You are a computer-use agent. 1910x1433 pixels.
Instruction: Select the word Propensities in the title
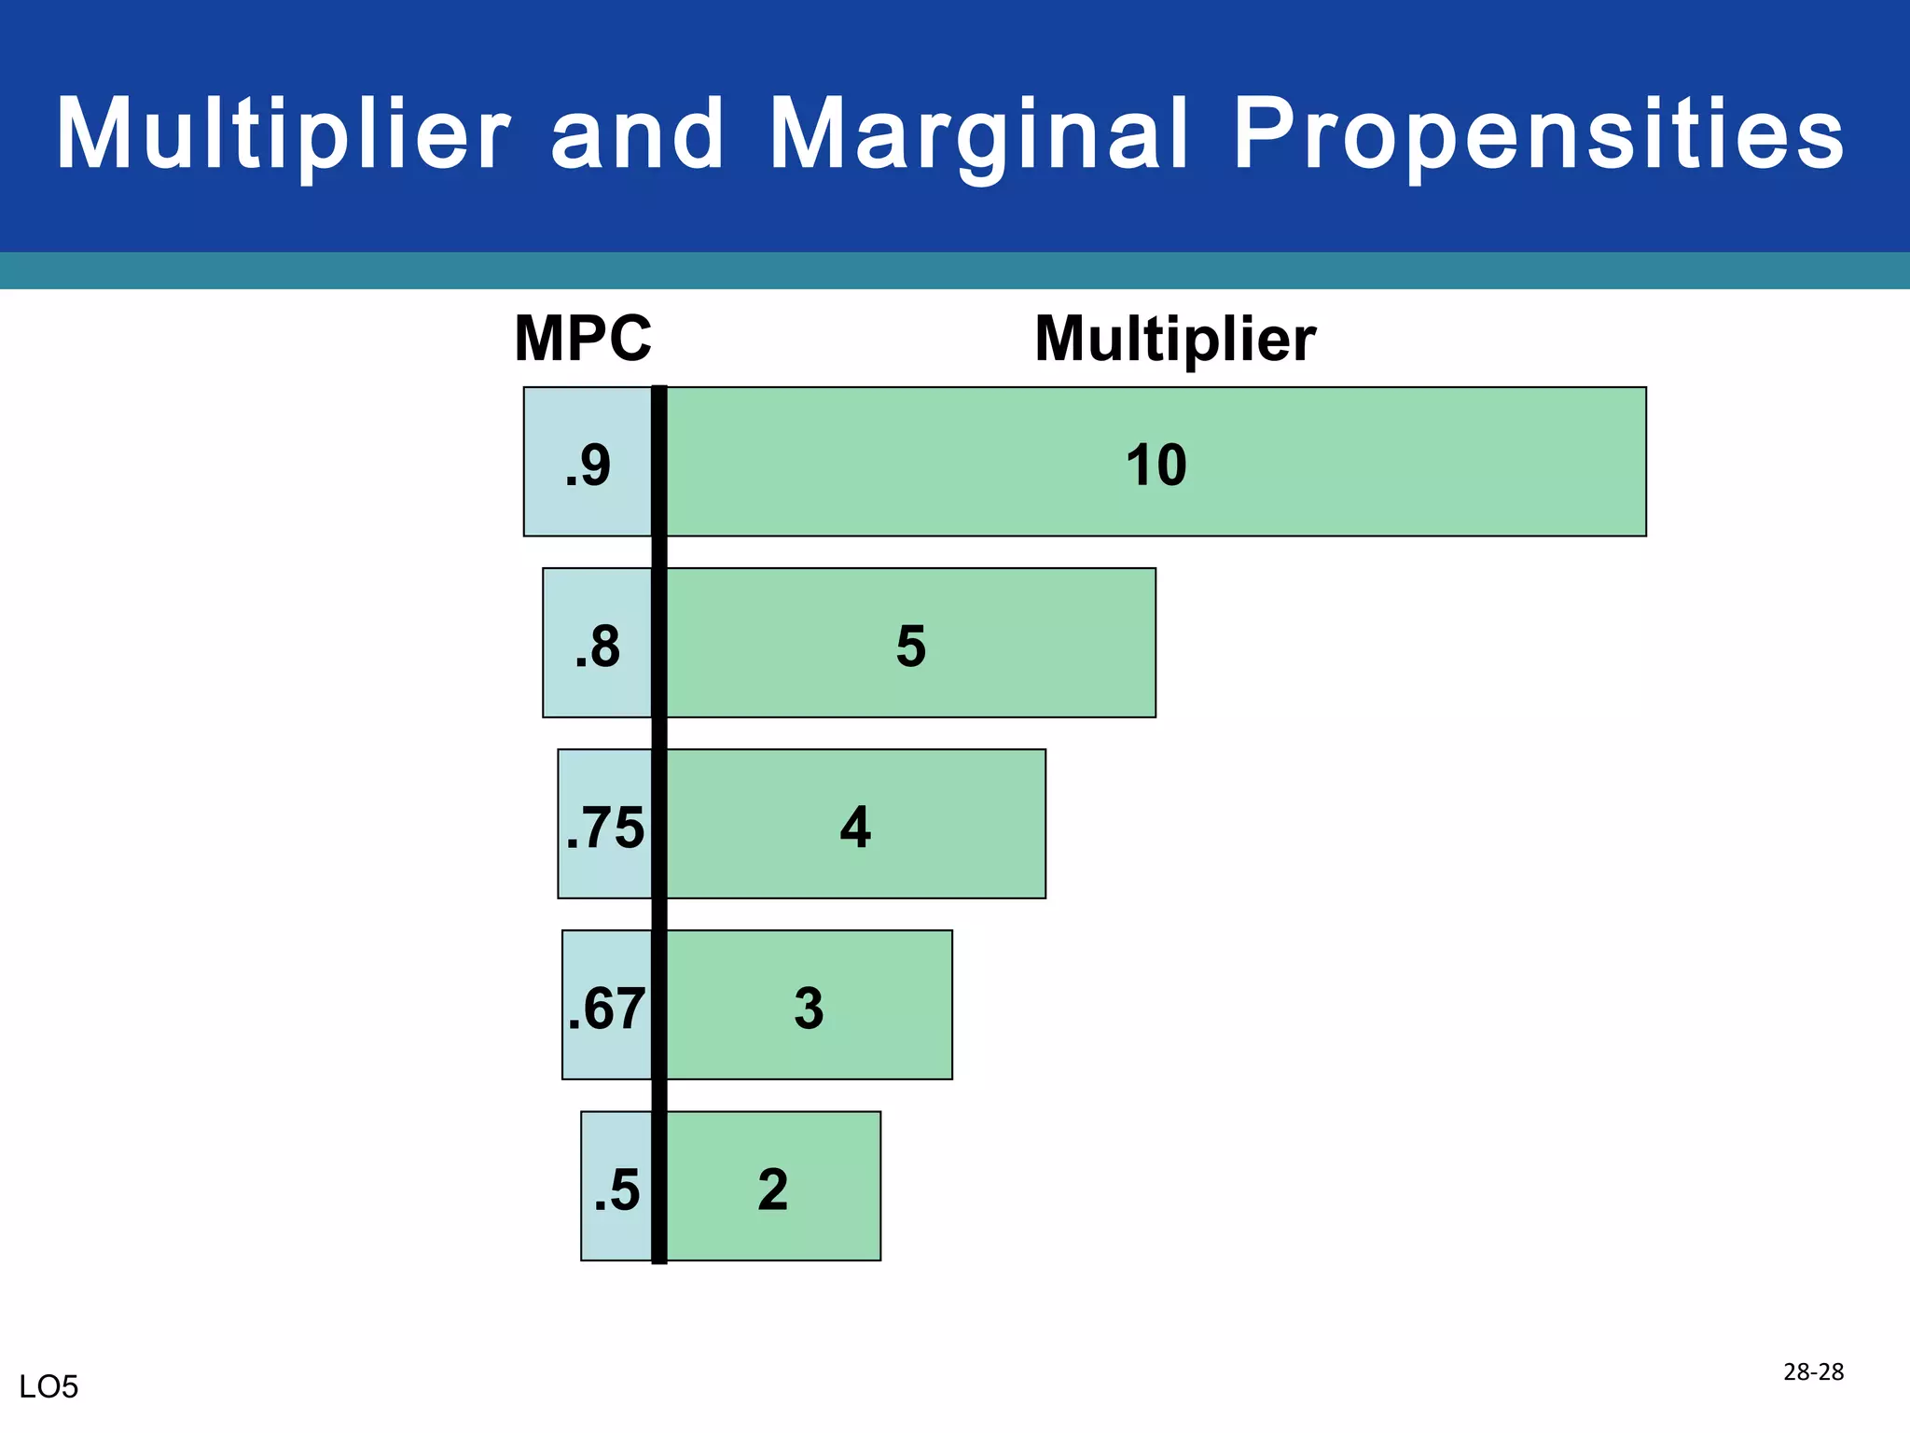click(x=1539, y=135)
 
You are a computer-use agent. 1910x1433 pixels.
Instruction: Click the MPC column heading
click(x=583, y=338)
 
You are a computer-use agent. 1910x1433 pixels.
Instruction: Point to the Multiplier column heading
click(x=1175, y=338)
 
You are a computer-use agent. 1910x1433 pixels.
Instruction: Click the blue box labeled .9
click(x=587, y=462)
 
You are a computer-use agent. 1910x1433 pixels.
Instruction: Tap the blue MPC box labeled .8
click(x=597, y=643)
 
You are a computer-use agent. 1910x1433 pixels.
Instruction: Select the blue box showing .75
click(x=604, y=824)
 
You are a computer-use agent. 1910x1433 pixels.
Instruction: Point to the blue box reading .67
click(x=606, y=1005)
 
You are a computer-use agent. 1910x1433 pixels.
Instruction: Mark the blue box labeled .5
click(x=616, y=1186)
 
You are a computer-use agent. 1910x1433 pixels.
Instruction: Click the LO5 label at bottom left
click(x=48, y=1387)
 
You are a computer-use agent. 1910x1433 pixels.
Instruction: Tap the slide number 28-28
click(x=1813, y=1371)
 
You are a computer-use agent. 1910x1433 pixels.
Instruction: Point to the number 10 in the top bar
click(x=1156, y=465)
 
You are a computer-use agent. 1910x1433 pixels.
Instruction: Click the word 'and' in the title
click(x=638, y=135)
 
